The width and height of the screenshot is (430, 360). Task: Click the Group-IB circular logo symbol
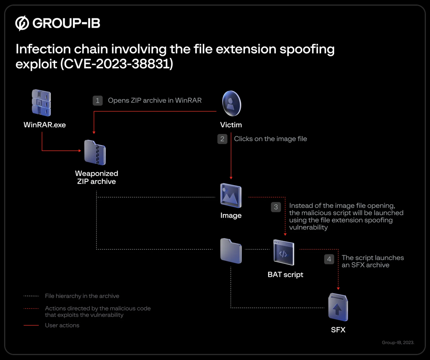click(x=22, y=23)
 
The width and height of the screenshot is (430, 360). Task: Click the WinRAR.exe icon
click(x=42, y=103)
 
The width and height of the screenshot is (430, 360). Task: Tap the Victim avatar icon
click(x=232, y=104)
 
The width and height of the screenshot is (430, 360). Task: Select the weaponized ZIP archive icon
click(x=95, y=152)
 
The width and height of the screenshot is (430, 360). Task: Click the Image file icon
click(x=231, y=195)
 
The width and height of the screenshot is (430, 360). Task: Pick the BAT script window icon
click(x=284, y=252)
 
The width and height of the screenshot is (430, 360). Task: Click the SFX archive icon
click(x=338, y=307)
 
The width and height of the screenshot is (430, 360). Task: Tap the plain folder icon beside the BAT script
click(x=231, y=251)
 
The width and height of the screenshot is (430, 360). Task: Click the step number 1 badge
click(x=98, y=101)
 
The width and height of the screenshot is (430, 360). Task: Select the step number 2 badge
click(x=223, y=139)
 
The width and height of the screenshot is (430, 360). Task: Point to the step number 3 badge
click(x=276, y=207)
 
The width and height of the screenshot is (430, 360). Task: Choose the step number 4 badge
click(x=329, y=259)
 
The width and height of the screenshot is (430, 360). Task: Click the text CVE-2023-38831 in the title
click(x=117, y=64)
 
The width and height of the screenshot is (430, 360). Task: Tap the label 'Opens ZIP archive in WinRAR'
click(x=154, y=100)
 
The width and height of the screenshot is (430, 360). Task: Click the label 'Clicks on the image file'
click(x=270, y=139)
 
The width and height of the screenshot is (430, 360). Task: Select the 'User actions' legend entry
click(x=62, y=325)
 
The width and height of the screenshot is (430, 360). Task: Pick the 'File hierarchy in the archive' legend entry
click(x=82, y=296)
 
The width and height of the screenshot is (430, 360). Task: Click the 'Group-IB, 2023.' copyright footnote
click(x=398, y=342)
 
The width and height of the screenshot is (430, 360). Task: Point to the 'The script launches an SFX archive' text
click(x=373, y=261)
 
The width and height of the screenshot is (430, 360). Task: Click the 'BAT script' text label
click(x=285, y=275)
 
